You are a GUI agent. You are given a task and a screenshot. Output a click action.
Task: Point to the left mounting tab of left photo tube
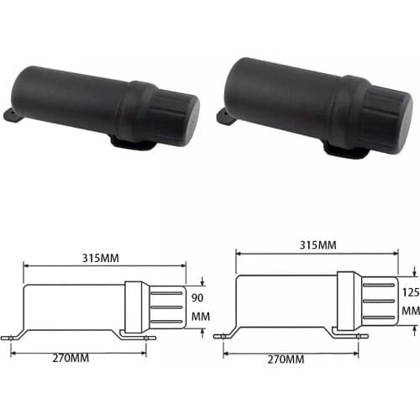coord(9,115)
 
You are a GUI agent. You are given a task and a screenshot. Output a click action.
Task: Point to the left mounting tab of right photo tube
coord(224,116)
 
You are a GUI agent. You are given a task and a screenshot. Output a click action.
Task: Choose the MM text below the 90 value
coord(199,318)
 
